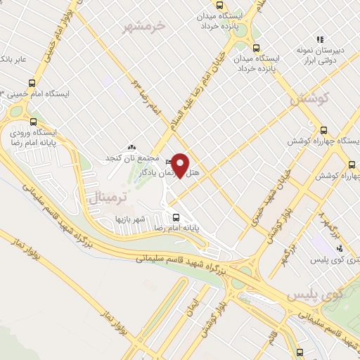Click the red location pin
(181, 165)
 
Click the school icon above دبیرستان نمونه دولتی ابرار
(319, 39)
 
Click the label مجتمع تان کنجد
(133, 157)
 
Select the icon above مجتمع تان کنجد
(133, 146)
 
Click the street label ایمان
(191, 304)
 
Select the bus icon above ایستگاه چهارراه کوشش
(323, 129)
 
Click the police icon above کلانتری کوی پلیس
(340, 247)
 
